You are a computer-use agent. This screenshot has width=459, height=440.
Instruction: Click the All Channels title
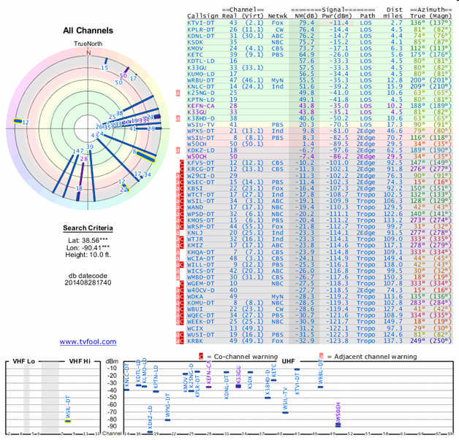[x=89, y=31]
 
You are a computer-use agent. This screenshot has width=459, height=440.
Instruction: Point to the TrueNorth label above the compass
[x=89, y=45]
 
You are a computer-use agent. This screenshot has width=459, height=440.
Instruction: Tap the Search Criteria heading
[x=88, y=228]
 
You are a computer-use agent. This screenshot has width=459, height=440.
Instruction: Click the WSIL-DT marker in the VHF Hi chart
[x=68, y=421]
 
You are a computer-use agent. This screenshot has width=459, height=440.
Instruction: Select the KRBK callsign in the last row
[x=196, y=341]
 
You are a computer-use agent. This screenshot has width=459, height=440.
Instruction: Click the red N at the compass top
[x=88, y=53]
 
